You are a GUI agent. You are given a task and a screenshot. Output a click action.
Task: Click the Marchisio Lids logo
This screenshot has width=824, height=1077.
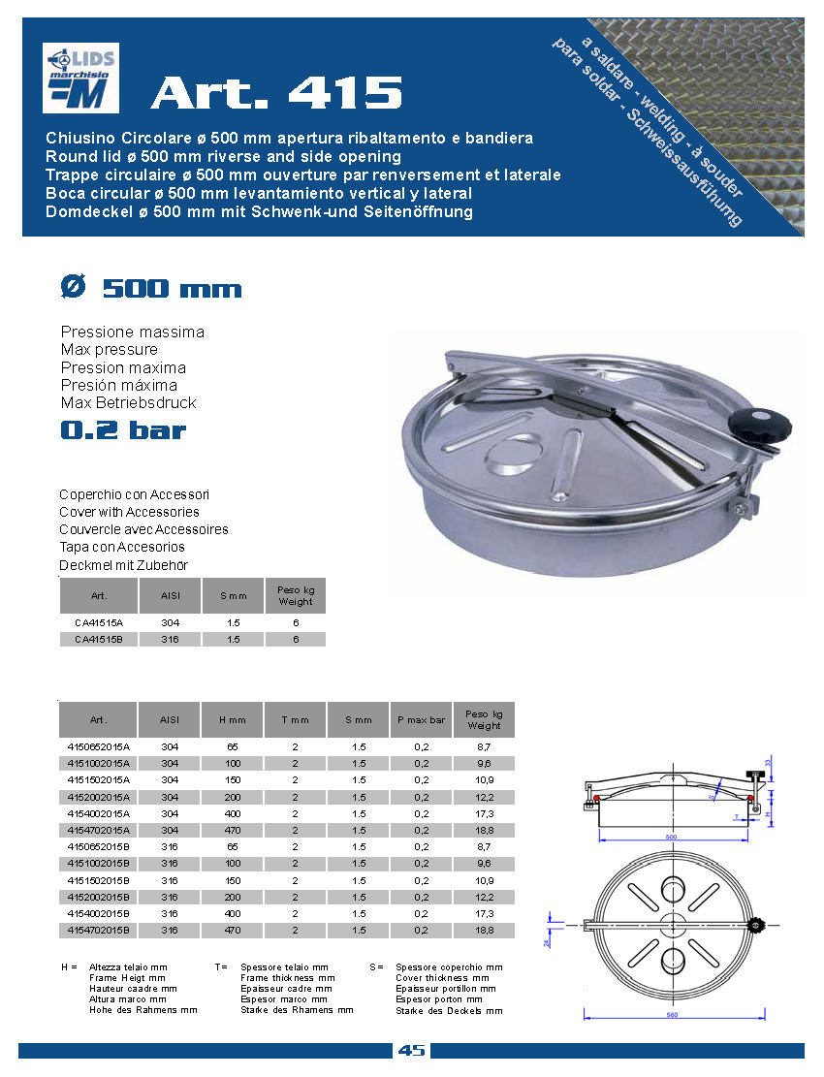[80, 79]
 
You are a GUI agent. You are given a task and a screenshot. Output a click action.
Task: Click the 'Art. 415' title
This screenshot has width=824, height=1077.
[276, 93]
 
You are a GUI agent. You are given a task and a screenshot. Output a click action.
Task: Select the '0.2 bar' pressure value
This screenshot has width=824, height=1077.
[123, 430]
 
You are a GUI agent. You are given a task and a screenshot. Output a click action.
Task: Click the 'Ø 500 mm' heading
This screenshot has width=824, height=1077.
[151, 289]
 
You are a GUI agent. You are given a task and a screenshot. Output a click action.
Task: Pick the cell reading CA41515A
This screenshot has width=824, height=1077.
[99, 622]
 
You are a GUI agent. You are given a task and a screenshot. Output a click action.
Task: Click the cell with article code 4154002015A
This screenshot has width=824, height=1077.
[98, 813]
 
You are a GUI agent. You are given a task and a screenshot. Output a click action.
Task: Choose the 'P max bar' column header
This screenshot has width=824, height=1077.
[421, 720]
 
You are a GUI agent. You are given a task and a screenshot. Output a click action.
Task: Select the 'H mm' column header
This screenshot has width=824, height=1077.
[233, 720]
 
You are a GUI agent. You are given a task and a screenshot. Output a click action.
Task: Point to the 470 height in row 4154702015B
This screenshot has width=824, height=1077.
[233, 931]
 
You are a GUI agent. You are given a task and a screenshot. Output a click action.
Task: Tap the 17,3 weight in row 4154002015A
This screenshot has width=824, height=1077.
[484, 813]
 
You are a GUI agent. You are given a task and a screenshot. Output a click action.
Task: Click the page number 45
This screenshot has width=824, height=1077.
[412, 1051]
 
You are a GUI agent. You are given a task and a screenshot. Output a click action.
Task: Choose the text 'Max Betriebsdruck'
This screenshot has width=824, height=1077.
[129, 402]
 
